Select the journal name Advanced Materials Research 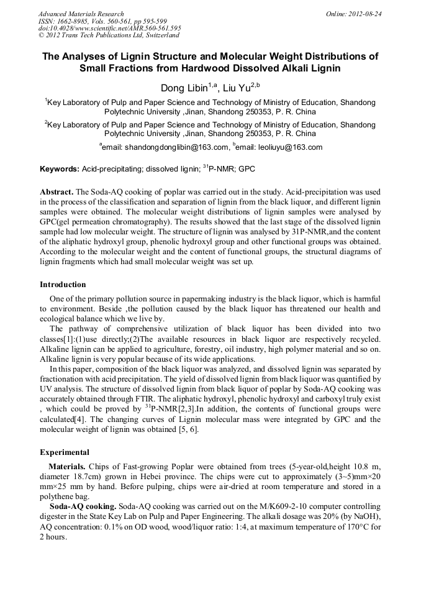[x=81, y=14]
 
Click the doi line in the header [x=109, y=28]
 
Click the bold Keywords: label [x=60, y=169]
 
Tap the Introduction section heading [x=63, y=285]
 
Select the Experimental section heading [x=64, y=452]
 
